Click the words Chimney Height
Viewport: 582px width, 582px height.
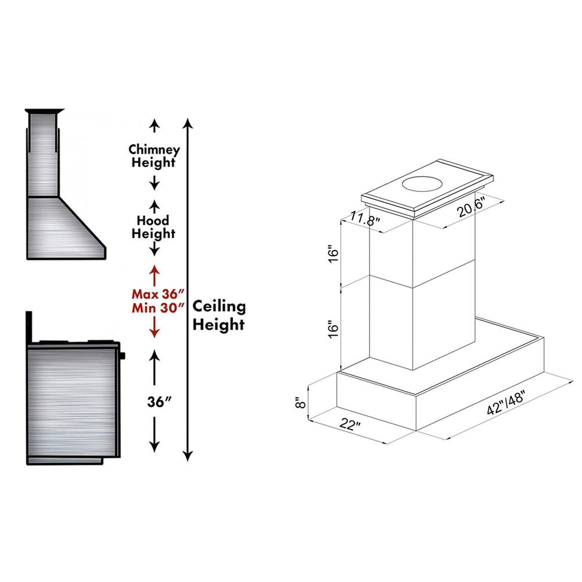[x=154, y=156]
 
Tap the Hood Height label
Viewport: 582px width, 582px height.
[x=154, y=227]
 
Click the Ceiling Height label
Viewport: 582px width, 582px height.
[x=219, y=315]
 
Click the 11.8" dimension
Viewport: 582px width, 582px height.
[x=365, y=220]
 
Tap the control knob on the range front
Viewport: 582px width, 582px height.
[x=123, y=354]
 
